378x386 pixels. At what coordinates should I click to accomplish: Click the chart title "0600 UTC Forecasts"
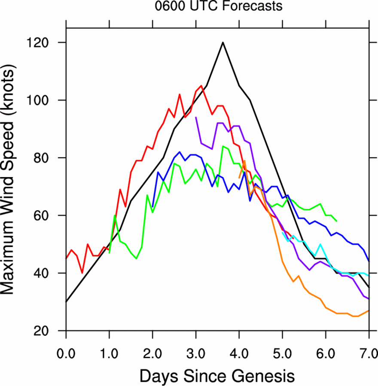[x=219, y=6]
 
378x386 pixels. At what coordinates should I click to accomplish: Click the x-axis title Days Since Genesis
[x=217, y=376]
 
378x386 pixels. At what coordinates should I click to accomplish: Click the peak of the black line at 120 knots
[x=223, y=42]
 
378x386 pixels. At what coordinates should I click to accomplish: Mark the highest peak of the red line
[x=201, y=86]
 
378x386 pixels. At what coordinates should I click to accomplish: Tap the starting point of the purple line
[x=196, y=117]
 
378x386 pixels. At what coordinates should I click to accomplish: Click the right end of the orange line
[x=369, y=311]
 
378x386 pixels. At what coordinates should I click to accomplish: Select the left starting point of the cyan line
[x=282, y=232]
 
